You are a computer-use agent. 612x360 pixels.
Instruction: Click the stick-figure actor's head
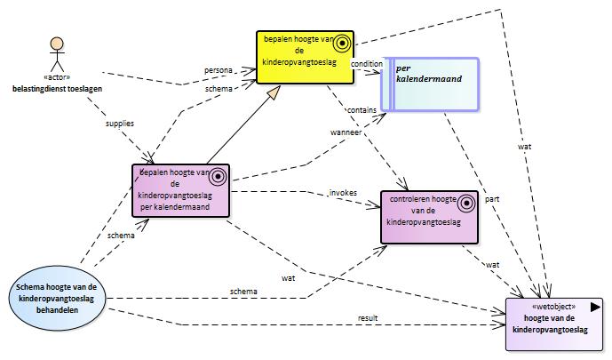pyautogui.click(x=57, y=44)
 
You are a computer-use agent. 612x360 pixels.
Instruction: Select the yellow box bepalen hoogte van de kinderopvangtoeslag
pyautogui.click(x=306, y=58)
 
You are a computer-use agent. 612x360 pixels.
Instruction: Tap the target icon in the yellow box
pyautogui.click(x=342, y=43)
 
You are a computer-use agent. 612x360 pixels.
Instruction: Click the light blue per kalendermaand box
pyautogui.click(x=430, y=84)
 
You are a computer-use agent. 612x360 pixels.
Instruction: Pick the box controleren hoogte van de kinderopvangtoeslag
pyautogui.click(x=429, y=217)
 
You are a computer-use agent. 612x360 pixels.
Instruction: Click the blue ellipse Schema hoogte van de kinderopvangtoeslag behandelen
pyautogui.click(x=57, y=299)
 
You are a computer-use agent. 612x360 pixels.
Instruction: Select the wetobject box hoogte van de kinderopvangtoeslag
pyautogui.click(x=554, y=324)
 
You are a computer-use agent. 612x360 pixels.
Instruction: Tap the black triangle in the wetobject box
pyautogui.click(x=595, y=307)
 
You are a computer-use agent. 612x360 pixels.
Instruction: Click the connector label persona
pyautogui.click(x=219, y=70)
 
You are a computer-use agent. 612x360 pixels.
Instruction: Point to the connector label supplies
pyautogui.click(x=120, y=124)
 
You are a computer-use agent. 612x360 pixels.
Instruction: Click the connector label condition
pyautogui.click(x=367, y=64)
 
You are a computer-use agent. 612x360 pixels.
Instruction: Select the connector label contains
pyautogui.click(x=362, y=110)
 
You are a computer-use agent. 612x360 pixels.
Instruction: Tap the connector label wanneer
pyautogui.click(x=346, y=132)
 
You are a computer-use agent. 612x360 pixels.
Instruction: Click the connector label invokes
pyautogui.click(x=343, y=193)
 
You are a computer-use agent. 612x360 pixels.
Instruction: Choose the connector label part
pyautogui.click(x=492, y=199)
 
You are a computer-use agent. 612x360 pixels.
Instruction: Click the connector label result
pyautogui.click(x=368, y=318)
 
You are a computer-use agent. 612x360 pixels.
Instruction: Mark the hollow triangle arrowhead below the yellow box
pyautogui.click(x=274, y=92)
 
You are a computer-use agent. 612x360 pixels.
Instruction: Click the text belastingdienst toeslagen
pyautogui.click(x=58, y=89)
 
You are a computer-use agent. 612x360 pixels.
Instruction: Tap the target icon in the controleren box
pyautogui.click(x=466, y=203)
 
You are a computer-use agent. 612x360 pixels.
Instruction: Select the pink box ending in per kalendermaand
pyautogui.click(x=180, y=190)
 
